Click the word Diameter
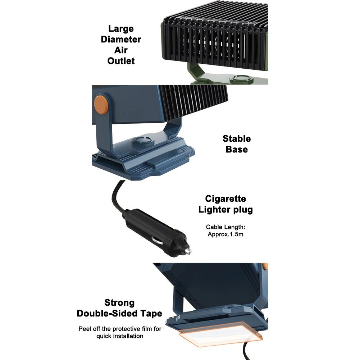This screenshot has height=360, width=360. pyautogui.click(x=121, y=39)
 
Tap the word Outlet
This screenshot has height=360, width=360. pyautogui.click(x=121, y=61)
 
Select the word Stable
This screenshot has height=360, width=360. pyautogui.click(x=237, y=139)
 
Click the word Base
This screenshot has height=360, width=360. pyautogui.click(x=237, y=150)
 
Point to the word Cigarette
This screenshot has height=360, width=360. pyautogui.click(x=225, y=199)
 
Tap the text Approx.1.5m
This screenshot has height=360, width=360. pyautogui.click(x=225, y=234)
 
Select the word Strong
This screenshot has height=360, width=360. pyautogui.click(x=119, y=302)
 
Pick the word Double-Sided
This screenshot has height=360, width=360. pyautogui.click(x=107, y=313)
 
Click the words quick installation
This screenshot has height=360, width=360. pyautogui.click(x=120, y=336)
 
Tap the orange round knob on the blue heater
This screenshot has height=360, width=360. pyautogui.click(x=101, y=105)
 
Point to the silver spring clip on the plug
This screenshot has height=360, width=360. pyautogui.click(x=157, y=241)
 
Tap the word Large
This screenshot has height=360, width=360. pyautogui.click(x=121, y=29)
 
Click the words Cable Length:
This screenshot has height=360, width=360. pyautogui.click(x=225, y=227)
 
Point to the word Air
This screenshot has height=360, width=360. pyautogui.click(x=121, y=50)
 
